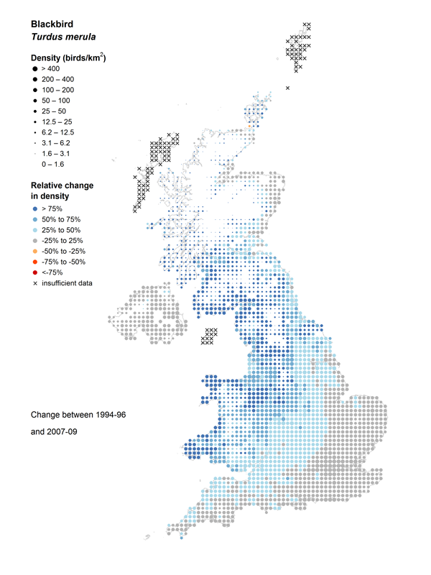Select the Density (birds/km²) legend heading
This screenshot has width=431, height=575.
68,58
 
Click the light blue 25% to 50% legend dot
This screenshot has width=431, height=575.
34,229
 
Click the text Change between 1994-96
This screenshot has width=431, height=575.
79,416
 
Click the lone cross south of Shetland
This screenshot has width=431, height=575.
288,88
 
